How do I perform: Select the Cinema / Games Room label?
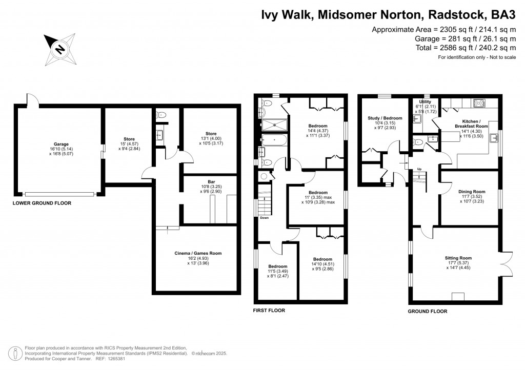[x=197, y=253]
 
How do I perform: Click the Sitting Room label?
[x=458, y=258]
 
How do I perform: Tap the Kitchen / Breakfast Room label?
[x=471, y=123]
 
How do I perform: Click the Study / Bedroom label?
[x=385, y=118]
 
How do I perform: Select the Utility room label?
[x=425, y=102]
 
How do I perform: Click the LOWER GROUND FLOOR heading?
[x=42, y=203]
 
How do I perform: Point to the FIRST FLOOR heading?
[x=269, y=311]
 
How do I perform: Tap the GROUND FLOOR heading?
[x=427, y=311]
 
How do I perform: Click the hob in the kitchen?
[x=479, y=104]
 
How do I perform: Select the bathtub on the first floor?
[x=274, y=139]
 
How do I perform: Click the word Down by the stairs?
[x=264, y=217]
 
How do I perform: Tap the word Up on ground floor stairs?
[x=419, y=169]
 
